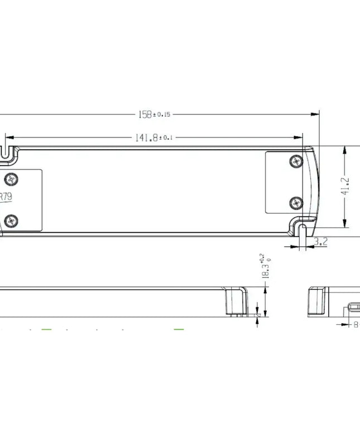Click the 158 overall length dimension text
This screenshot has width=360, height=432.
[x=145, y=114]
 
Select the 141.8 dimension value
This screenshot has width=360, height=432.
[x=147, y=137]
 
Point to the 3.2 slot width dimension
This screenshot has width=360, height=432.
[x=320, y=242]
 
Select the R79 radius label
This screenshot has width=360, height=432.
[x=5, y=196]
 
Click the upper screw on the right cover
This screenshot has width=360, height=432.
[x=296, y=161]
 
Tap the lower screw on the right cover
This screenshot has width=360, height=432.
[x=296, y=201]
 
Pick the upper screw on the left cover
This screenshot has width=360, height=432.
[x=12, y=180]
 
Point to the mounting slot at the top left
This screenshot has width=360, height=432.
[x=7, y=151]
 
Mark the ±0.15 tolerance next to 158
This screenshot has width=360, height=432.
[x=162, y=114]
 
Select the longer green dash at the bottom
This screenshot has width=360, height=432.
[x=179, y=330]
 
